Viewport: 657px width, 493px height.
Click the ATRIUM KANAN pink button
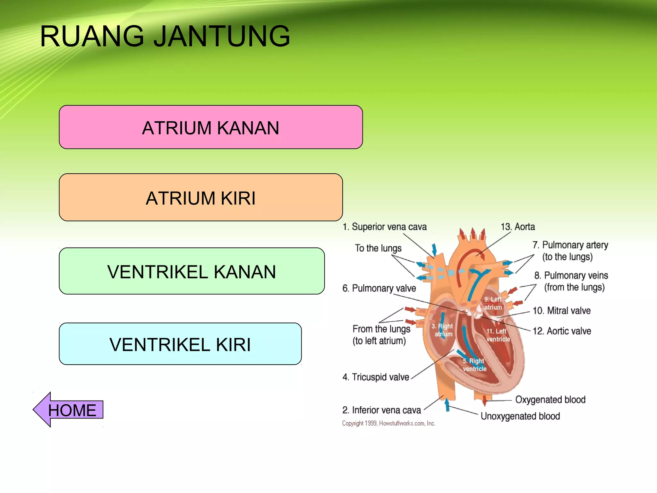(x=211, y=127)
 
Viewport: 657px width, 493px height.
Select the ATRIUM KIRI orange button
(x=201, y=197)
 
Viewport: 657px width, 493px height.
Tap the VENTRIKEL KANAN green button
(x=192, y=271)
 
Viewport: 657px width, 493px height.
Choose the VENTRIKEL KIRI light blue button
(x=180, y=344)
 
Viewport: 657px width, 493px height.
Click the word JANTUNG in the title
(x=222, y=36)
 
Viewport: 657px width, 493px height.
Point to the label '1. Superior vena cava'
(x=385, y=227)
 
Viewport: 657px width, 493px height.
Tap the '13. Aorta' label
(x=518, y=227)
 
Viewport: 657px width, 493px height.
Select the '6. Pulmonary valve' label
(x=379, y=288)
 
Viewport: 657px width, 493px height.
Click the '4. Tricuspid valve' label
(x=376, y=377)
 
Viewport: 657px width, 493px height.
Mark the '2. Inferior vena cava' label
(x=381, y=410)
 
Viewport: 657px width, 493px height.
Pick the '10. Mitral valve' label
(x=561, y=311)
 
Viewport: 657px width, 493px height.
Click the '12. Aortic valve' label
(x=562, y=331)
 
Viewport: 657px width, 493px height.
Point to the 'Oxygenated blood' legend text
(x=550, y=400)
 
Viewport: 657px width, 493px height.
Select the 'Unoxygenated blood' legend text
(x=520, y=416)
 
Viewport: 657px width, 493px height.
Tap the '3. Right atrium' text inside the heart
(x=442, y=330)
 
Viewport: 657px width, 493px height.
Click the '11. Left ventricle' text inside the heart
(x=498, y=335)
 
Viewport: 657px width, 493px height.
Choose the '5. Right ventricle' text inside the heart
(x=474, y=365)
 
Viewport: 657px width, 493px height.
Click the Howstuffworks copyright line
(x=388, y=423)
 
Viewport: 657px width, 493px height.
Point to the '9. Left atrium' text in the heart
(x=493, y=303)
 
